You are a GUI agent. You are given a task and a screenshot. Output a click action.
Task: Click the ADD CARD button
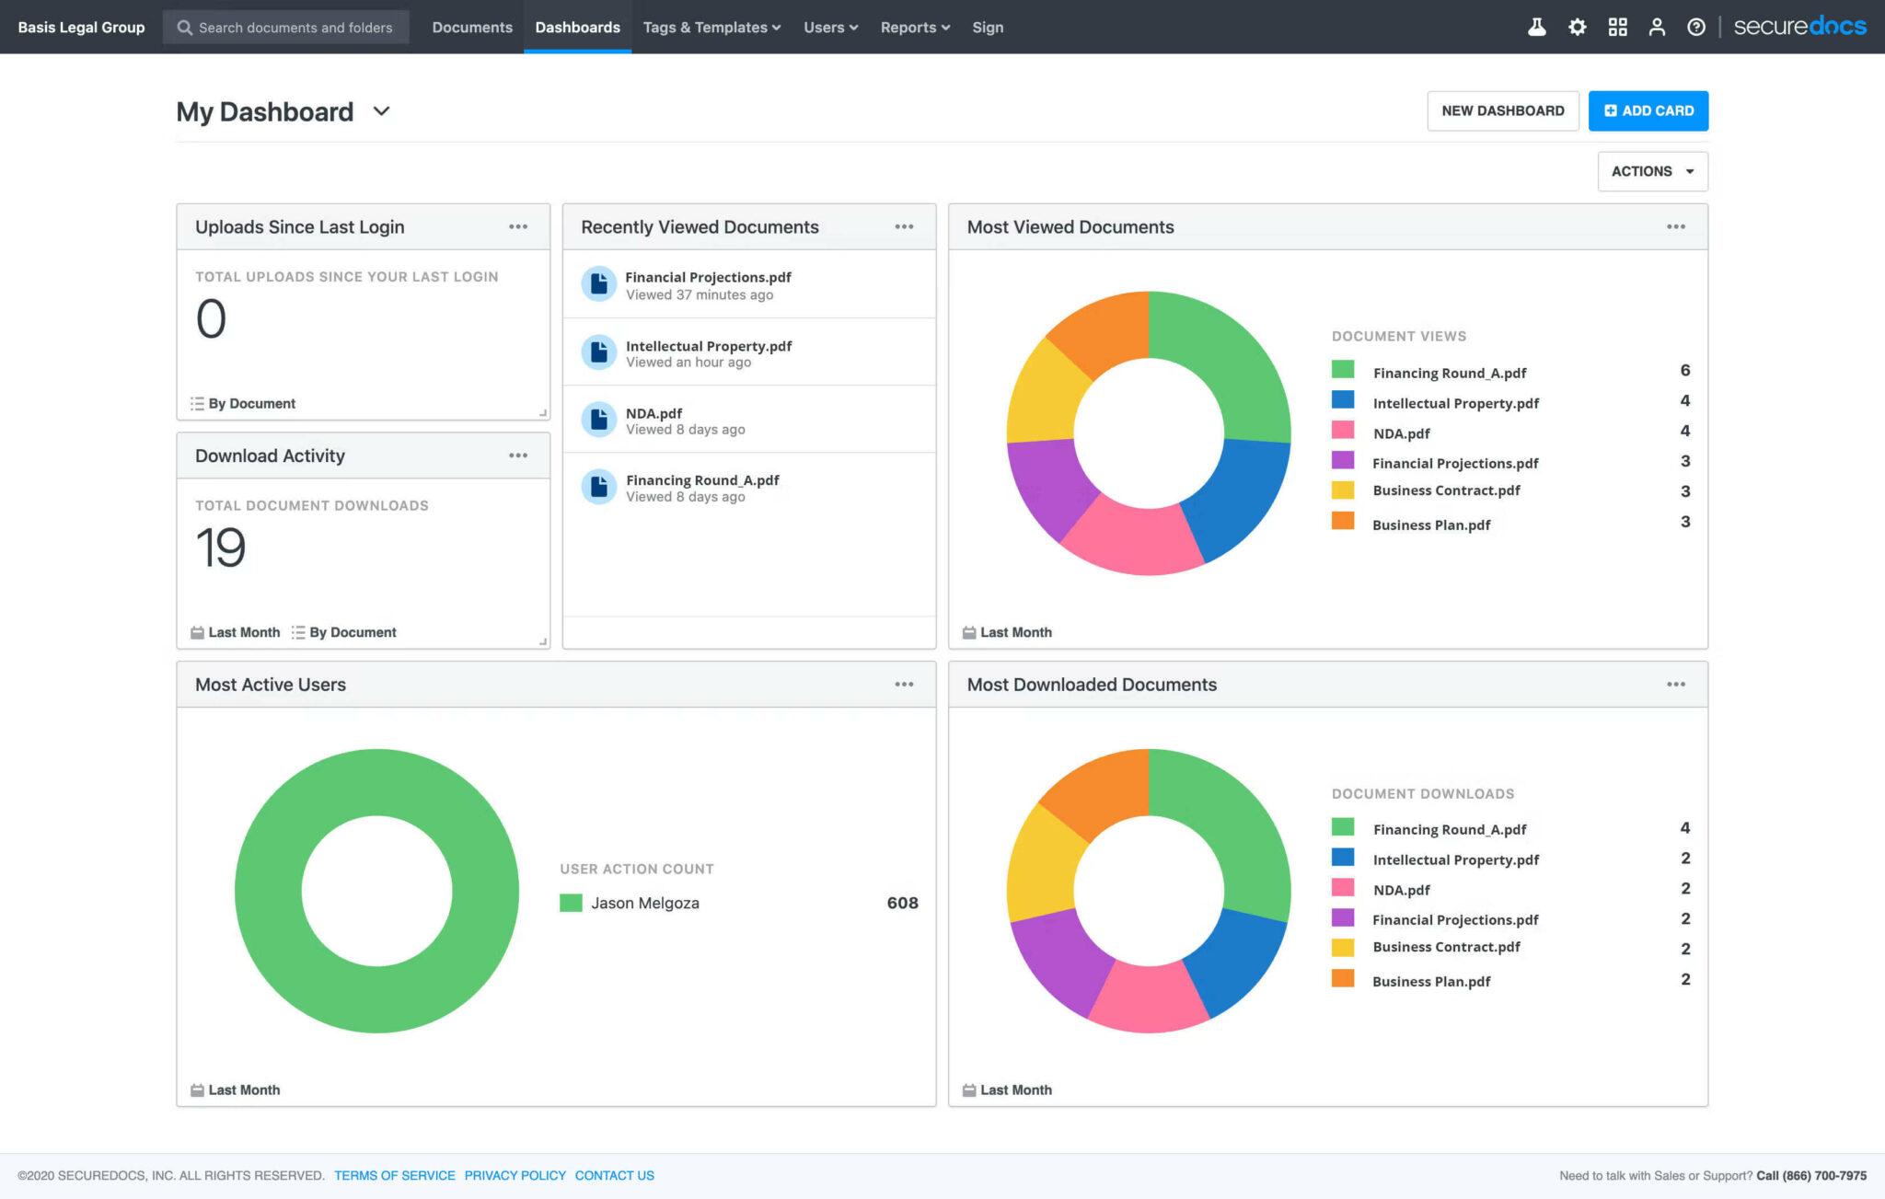[x=1648, y=110]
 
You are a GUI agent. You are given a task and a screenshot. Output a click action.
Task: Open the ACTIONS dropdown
[x=1652, y=171]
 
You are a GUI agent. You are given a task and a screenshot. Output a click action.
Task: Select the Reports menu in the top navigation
[x=914, y=28]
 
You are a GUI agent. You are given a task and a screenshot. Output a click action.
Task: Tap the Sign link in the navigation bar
[x=988, y=28]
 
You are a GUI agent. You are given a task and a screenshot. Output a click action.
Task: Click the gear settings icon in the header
[x=1577, y=28]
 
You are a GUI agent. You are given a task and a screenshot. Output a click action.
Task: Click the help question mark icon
[x=1695, y=28]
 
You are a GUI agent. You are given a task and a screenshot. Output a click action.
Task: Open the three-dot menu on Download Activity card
[x=518, y=455]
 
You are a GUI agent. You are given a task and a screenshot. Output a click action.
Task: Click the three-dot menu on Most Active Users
[x=904, y=685]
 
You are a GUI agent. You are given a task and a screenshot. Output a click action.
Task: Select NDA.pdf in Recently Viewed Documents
[x=653, y=414]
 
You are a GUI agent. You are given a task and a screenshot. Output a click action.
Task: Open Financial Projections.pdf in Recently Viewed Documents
[x=708, y=277]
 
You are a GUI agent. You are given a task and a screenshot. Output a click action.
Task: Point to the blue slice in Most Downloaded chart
[x=1238, y=966]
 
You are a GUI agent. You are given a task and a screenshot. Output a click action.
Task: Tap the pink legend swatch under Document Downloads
[x=1343, y=888]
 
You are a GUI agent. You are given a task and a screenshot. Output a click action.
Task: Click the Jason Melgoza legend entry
[x=644, y=904]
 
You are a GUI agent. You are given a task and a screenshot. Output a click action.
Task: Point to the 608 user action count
[x=902, y=904]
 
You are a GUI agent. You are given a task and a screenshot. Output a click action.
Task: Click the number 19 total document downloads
[x=221, y=548]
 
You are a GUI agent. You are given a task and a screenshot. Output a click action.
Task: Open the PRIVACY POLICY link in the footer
[x=515, y=1175]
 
